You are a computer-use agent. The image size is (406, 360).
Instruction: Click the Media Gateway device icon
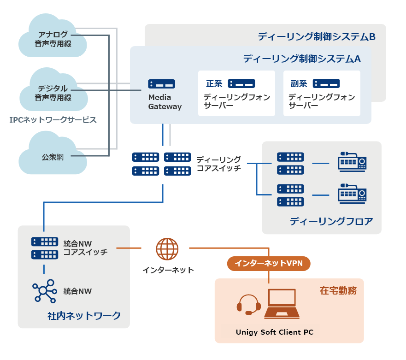pos(161,84)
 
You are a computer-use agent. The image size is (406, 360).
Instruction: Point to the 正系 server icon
pos(241,83)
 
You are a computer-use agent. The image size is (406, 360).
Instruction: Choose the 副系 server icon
pos(326,83)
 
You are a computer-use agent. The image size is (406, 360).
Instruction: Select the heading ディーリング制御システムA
pos(301,59)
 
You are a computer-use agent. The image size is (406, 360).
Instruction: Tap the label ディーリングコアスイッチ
pos(218,164)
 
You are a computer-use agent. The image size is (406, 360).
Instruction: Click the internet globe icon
pos(167,249)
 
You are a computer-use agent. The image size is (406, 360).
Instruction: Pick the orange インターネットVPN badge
pos(269,263)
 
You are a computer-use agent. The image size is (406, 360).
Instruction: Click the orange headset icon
pos(248,305)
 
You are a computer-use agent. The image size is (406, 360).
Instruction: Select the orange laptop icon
pos(282,304)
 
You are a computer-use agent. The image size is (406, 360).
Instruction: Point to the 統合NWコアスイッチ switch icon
pos(45,248)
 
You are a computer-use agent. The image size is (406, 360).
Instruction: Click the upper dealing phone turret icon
pos(352,162)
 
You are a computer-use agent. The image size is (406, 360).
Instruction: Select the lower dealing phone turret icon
pos(352,194)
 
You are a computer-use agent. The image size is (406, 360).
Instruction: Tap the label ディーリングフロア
pos(331,221)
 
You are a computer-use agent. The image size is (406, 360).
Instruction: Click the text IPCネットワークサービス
pos(53,120)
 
